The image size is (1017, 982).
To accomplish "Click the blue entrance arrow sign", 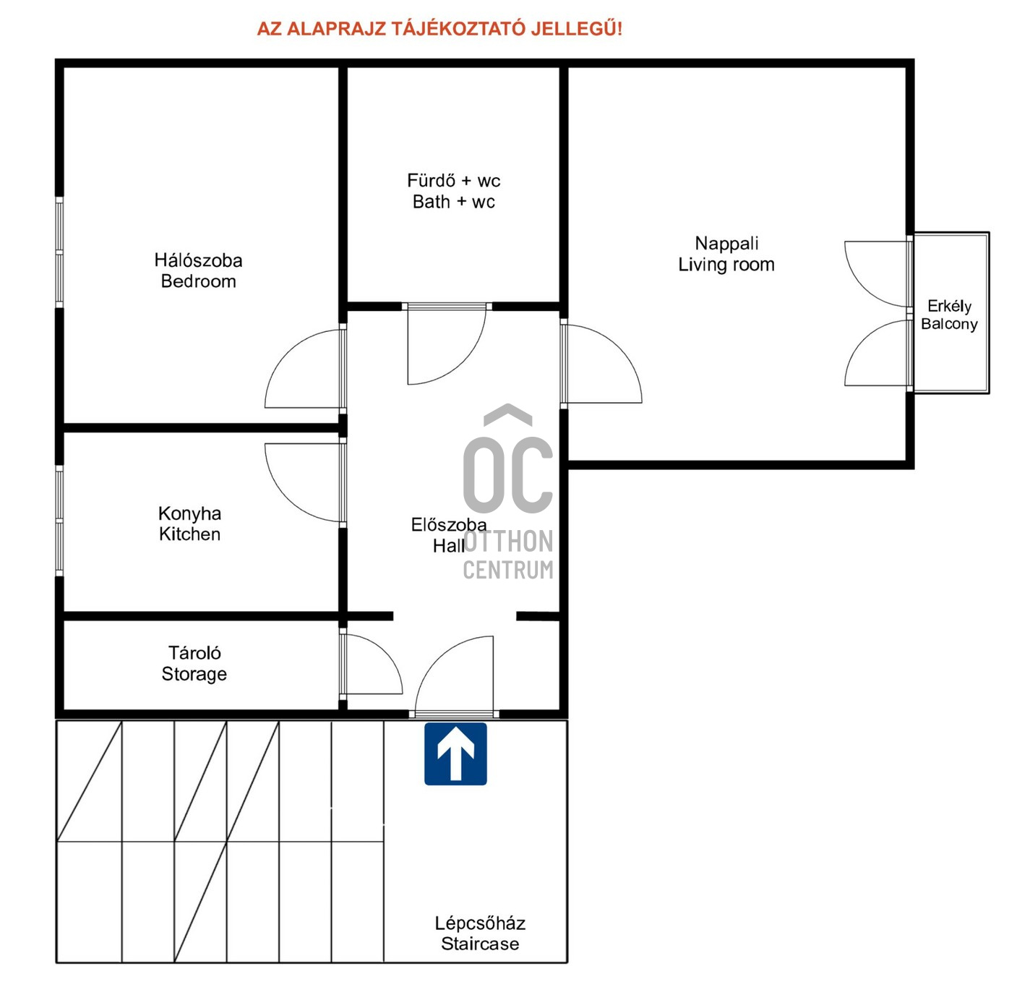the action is coord(455,753).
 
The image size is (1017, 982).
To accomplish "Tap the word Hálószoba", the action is coord(198,260).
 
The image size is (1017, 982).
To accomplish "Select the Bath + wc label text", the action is coord(454,201).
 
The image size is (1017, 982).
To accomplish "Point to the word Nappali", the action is coord(726,243).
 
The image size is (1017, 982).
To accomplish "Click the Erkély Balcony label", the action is coord(949,315).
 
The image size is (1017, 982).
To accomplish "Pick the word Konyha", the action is coord(189,514).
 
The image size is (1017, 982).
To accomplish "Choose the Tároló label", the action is coord(194,652).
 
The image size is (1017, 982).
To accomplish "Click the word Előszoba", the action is coord(449,524).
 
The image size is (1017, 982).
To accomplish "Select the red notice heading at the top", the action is coord(439,28).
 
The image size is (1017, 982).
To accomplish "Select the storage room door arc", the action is coord(387,654).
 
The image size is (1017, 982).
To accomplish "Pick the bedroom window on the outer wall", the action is coord(59,252).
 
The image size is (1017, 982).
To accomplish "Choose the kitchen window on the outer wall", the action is coord(59,521).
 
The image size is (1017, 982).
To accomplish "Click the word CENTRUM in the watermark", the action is coord(508,570).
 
